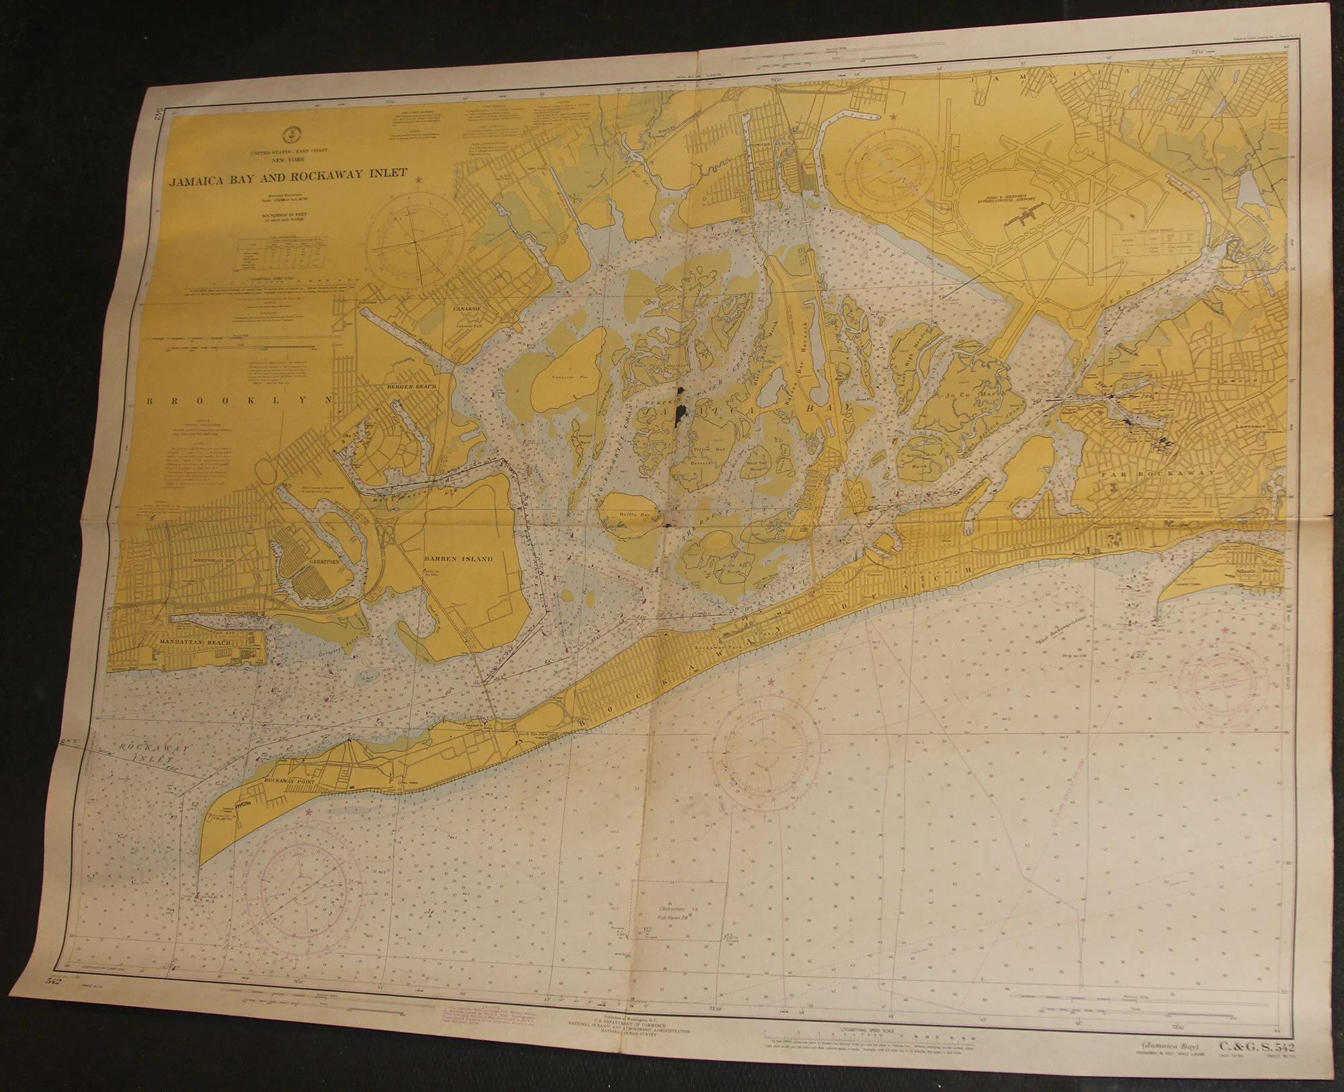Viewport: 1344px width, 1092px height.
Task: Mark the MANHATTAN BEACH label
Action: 194,643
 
